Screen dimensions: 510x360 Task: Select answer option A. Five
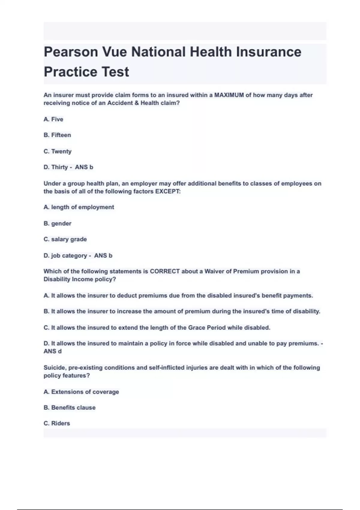[53, 119]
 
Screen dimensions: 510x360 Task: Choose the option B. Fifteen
[57, 135]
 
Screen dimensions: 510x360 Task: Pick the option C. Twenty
[58, 151]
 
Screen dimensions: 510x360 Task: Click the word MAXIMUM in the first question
[229, 95]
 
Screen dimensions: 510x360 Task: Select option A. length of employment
[79, 207]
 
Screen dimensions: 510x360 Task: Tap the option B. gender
[57, 223]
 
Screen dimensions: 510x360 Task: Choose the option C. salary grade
[65, 239]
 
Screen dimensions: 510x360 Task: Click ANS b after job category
[103, 256]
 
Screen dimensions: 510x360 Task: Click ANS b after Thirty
[84, 167]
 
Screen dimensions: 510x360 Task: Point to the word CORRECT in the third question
[165, 271]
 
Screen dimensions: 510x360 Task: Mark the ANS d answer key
[52, 351]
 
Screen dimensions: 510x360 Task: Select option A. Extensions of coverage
[81, 392]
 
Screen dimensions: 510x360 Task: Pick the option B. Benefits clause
[70, 408]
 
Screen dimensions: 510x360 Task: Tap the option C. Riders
[57, 424]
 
